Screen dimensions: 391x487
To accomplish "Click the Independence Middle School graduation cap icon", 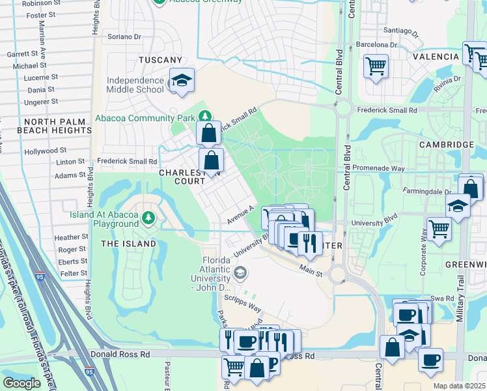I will (182, 80).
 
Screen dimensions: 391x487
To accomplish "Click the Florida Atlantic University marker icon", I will (240, 272).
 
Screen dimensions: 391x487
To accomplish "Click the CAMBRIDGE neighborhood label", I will (446, 144).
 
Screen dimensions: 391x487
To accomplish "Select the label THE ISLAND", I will (128, 244).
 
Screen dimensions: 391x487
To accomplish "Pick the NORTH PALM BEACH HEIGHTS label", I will (58, 126).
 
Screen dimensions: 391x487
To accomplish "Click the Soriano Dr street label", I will (124, 37).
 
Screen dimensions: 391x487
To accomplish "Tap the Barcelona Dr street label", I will (376, 44).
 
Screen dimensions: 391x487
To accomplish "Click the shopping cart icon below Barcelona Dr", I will (376, 65).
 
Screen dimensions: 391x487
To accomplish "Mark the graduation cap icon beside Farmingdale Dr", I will (458, 205).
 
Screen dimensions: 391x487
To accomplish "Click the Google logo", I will (21, 383).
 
